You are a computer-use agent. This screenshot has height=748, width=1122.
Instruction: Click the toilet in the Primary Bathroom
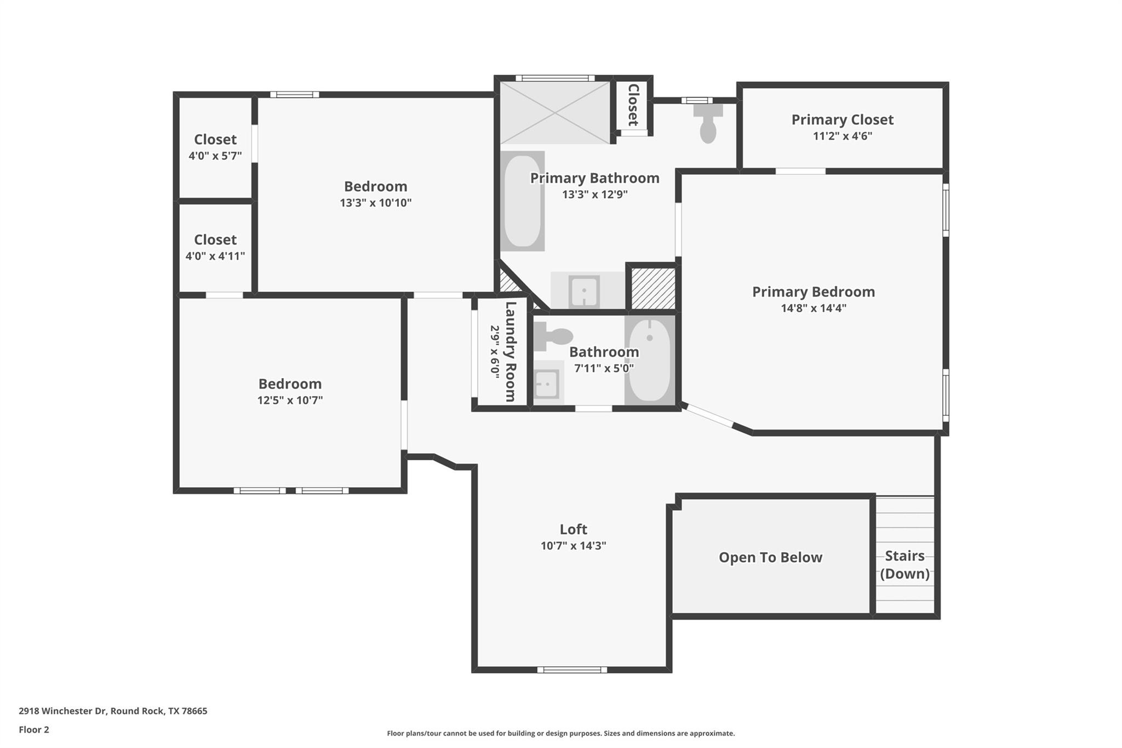pyautogui.click(x=708, y=123)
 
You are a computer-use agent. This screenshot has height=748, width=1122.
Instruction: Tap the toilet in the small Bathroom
pyautogui.click(x=553, y=336)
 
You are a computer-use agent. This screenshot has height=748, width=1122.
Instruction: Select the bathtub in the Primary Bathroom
pyautogui.click(x=522, y=201)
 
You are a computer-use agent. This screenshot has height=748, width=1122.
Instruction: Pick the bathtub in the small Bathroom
pyautogui.click(x=650, y=360)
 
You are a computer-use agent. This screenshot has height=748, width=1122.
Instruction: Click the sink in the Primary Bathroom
pyautogui.click(x=585, y=291)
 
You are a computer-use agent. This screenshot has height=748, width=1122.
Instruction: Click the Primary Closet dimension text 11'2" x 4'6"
pyautogui.click(x=842, y=136)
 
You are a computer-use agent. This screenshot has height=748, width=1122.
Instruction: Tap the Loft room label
pyautogui.click(x=573, y=529)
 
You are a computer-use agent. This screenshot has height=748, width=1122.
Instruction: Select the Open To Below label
pyautogui.click(x=770, y=557)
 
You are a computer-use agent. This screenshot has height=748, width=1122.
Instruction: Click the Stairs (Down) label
pyautogui.click(x=905, y=564)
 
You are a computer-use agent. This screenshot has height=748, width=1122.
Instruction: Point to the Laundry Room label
pyautogui.click(x=510, y=351)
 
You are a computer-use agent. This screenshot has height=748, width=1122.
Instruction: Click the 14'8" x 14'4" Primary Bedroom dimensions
pyautogui.click(x=814, y=308)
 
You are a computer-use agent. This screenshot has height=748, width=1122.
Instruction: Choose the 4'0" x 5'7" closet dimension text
pyautogui.click(x=215, y=156)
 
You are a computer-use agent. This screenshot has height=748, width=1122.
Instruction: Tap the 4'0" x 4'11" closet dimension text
pyautogui.click(x=215, y=256)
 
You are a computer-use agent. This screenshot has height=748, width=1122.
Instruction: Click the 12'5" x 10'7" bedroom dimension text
pyautogui.click(x=290, y=400)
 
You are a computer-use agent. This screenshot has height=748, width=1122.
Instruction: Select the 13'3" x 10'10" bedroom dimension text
pyautogui.click(x=375, y=203)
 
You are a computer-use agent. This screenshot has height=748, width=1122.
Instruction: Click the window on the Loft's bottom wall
pyautogui.click(x=572, y=670)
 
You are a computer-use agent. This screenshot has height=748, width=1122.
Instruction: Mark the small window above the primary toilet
pyautogui.click(x=697, y=100)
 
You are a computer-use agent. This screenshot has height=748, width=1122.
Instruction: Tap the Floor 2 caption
pyautogui.click(x=34, y=729)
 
